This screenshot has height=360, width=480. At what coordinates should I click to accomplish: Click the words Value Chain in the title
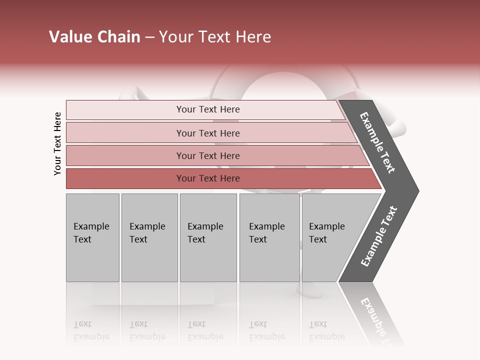94,37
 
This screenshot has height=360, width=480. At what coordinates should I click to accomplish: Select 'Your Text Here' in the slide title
215,37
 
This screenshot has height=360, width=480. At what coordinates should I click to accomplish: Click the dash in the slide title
149,37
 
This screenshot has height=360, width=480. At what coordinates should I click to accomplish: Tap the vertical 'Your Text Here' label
57,144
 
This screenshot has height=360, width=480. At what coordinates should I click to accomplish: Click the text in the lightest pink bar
208,109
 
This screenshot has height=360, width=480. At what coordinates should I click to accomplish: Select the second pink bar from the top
208,133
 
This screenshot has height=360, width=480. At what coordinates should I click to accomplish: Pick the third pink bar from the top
208,155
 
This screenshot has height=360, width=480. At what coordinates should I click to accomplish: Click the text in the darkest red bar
208,178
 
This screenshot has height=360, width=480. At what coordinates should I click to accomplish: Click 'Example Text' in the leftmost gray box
91,233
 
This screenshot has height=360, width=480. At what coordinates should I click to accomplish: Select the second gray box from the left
149,237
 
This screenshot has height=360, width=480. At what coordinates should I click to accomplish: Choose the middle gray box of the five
208,237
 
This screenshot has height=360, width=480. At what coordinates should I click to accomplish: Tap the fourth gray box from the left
269,237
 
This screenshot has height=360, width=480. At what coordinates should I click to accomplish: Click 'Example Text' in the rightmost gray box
326,233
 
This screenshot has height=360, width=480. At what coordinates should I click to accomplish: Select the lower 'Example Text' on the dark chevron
379,236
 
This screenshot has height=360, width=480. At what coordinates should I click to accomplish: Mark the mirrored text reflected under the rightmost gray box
326,330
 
